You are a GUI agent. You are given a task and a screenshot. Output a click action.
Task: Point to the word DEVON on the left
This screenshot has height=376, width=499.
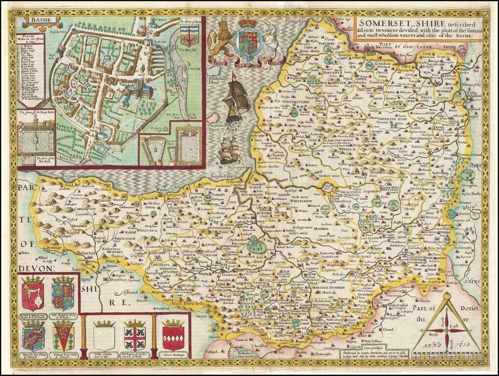pos(34,268)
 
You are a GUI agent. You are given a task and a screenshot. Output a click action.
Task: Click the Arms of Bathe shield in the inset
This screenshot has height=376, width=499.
pos(187,36)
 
